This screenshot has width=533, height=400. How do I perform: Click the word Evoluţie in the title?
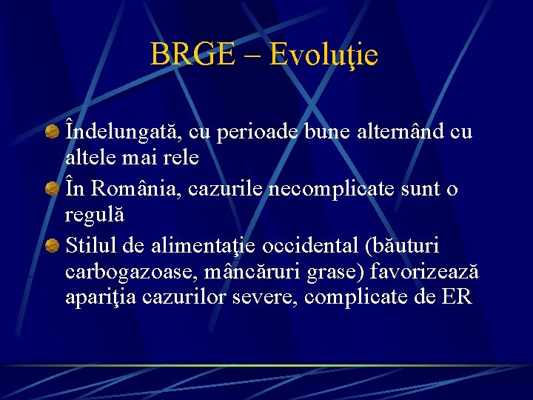coord(324,55)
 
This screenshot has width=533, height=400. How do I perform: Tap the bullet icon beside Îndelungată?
coord(53,133)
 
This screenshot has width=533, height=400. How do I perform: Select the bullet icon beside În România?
coord(53,190)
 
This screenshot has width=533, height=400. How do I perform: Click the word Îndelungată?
coord(123,131)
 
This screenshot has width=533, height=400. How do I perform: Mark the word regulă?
coord(95,216)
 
